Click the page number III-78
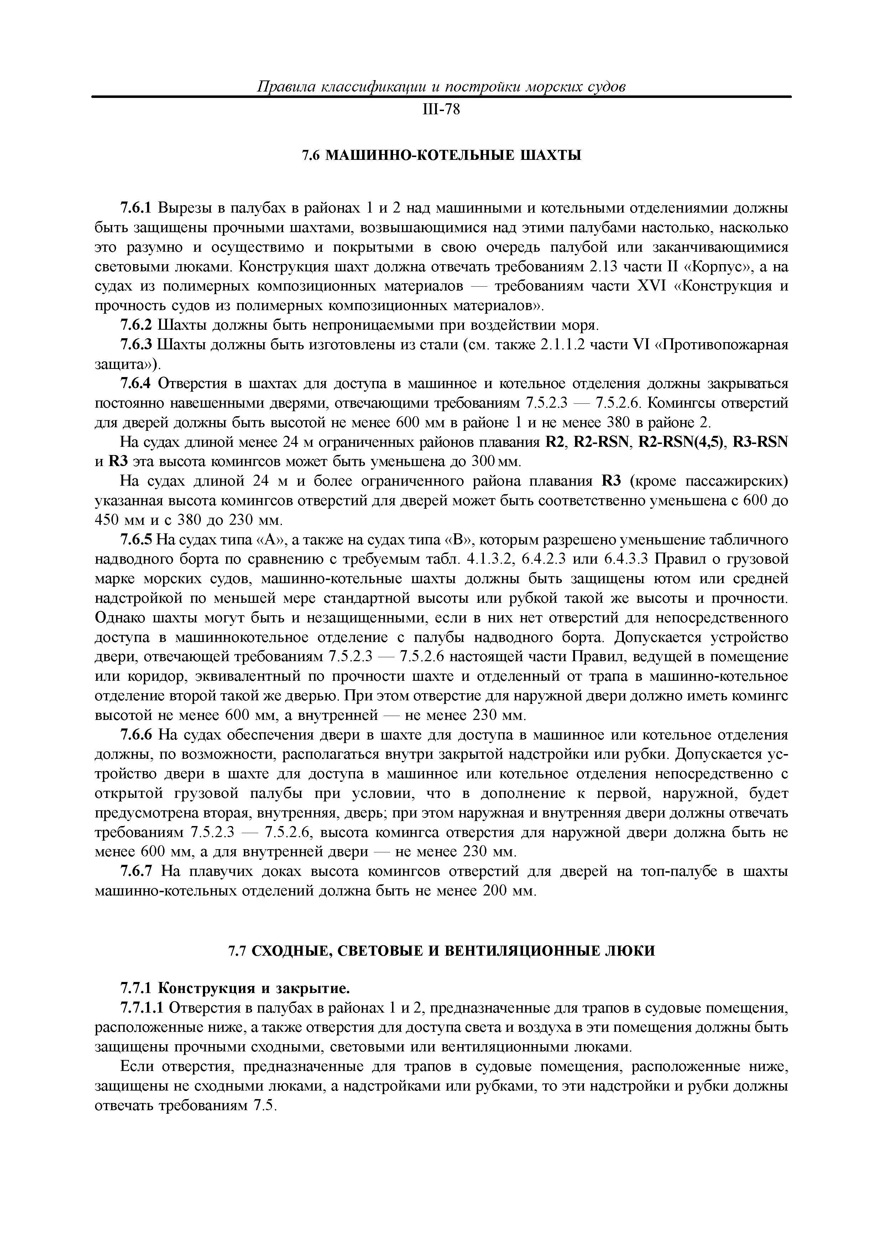[441, 110]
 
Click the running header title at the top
[441, 87]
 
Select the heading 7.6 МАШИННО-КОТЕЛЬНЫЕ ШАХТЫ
[441, 156]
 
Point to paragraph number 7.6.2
[137, 325]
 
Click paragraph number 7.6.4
[137, 384]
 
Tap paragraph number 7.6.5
[137, 540]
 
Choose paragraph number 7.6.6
[137, 736]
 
